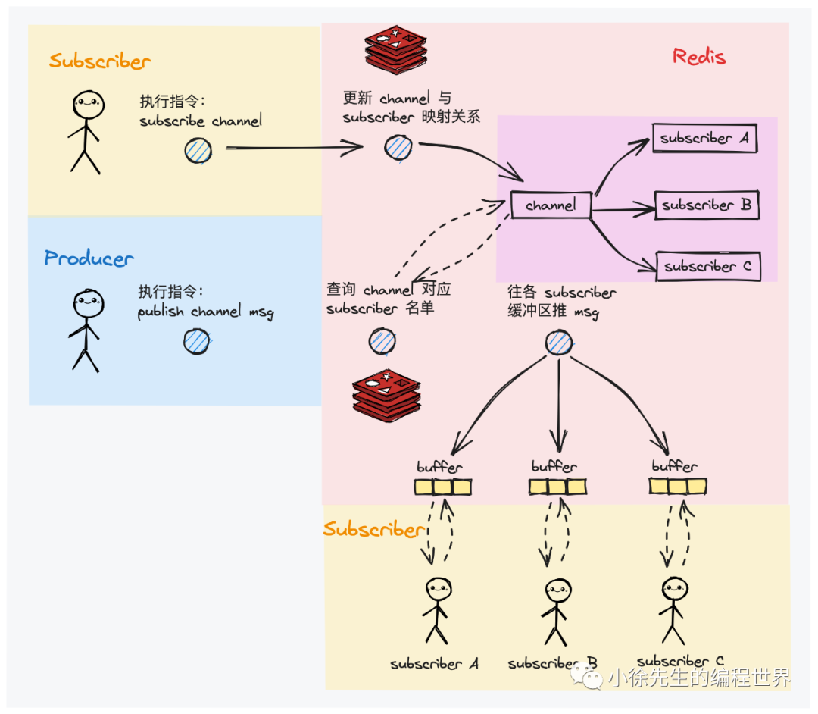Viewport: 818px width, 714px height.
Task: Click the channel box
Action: click(551, 205)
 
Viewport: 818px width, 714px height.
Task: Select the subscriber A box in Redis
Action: click(704, 139)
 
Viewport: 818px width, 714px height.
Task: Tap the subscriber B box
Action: click(707, 205)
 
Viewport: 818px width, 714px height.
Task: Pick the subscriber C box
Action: click(707, 267)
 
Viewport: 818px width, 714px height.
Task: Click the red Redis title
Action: click(698, 57)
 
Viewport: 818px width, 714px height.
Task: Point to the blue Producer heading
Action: click(89, 258)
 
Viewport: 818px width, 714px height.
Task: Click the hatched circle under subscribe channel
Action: click(198, 150)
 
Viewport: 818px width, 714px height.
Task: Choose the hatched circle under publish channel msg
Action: click(197, 341)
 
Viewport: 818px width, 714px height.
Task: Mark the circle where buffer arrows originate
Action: click(559, 343)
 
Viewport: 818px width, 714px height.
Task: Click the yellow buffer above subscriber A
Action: click(443, 487)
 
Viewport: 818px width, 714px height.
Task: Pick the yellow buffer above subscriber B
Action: click(559, 487)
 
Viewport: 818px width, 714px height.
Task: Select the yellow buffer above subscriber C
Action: click(678, 486)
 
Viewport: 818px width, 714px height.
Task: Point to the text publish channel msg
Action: click(205, 312)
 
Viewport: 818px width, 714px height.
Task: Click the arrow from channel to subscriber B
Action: click(623, 206)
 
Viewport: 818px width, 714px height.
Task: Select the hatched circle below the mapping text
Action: click(398, 148)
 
